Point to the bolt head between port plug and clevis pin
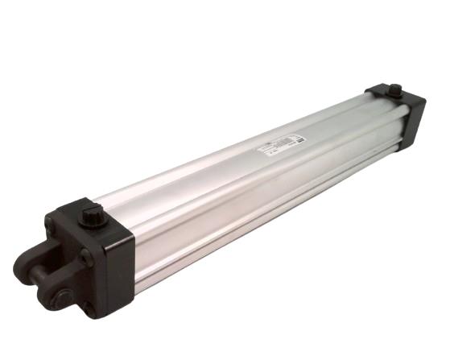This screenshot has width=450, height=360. (84, 256)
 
